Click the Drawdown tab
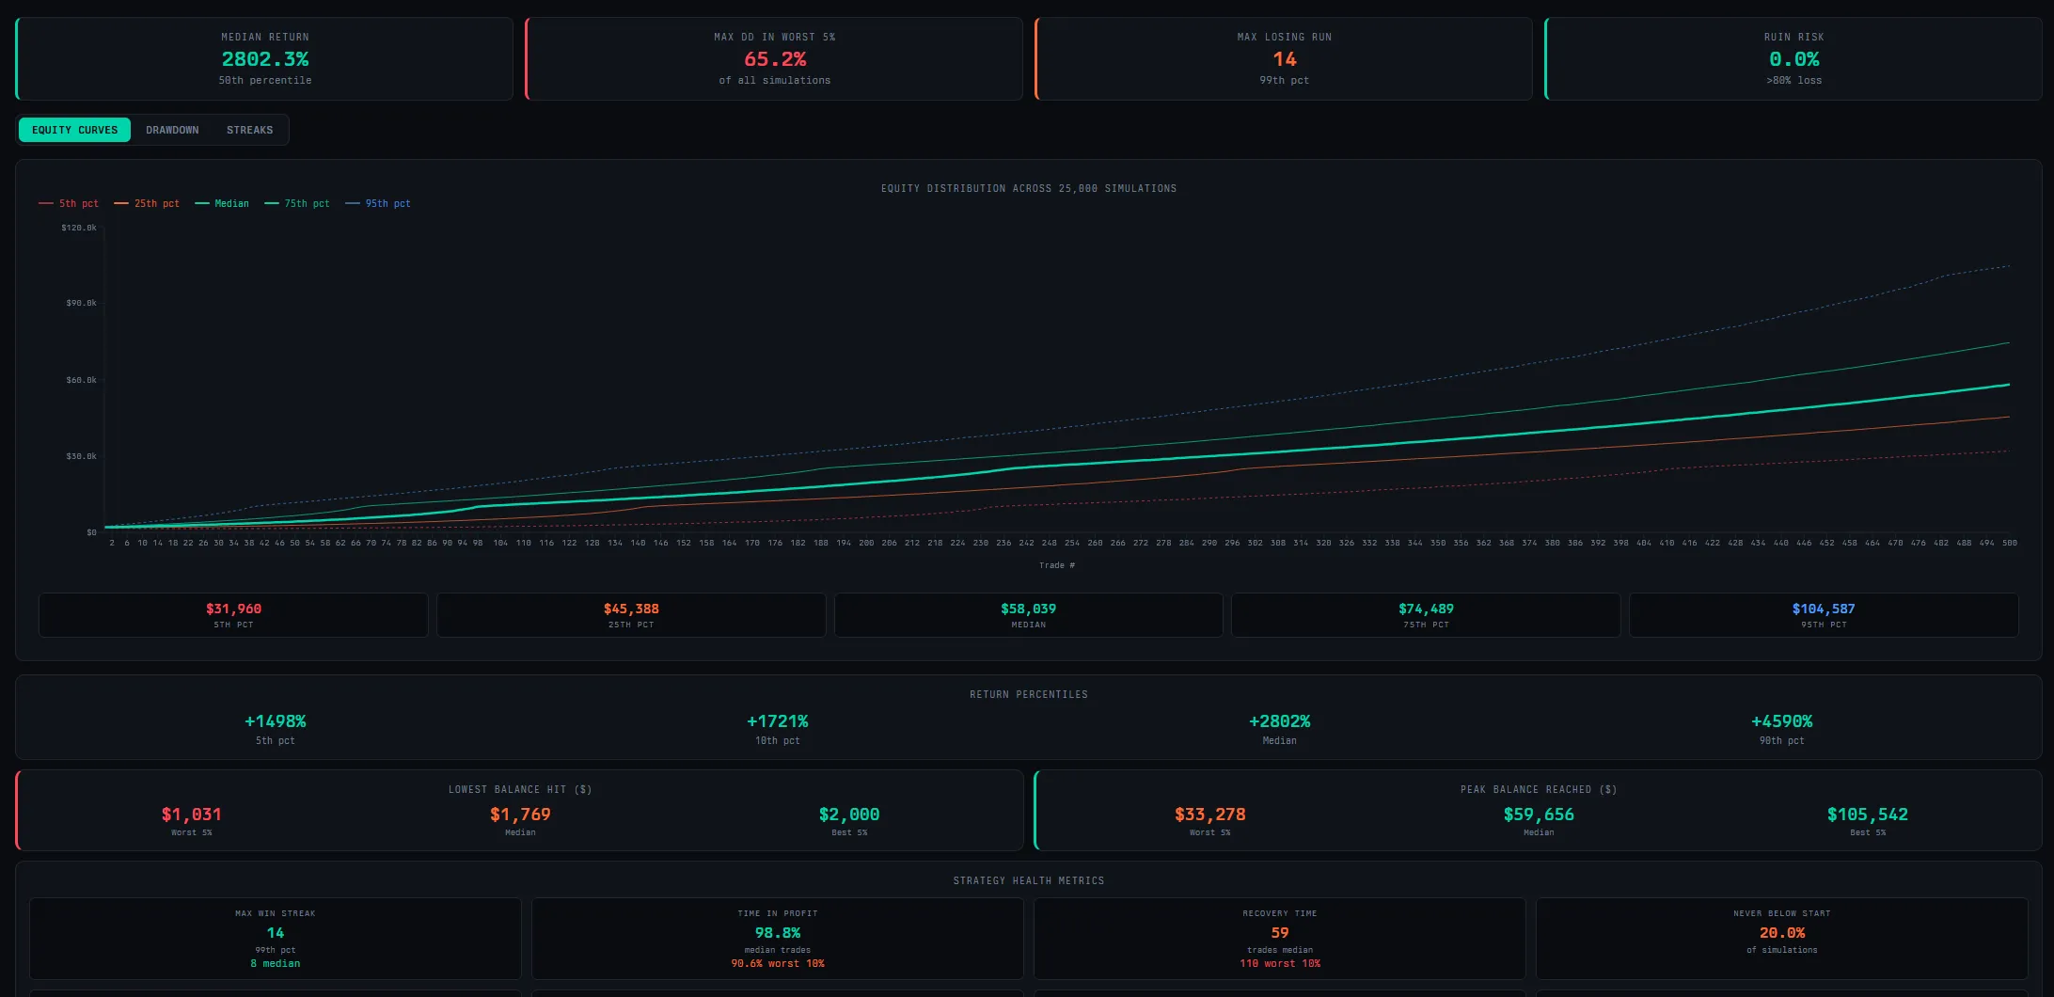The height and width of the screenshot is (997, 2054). point(172,130)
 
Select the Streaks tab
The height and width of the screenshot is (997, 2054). point(249,130)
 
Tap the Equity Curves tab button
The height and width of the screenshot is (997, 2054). point(75,130)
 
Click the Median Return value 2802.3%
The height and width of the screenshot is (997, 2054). point(265,59)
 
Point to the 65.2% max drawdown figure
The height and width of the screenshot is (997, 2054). point(775,59)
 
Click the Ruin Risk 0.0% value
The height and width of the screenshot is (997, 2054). point(1793,59)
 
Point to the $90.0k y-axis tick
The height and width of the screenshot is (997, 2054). point(81,303)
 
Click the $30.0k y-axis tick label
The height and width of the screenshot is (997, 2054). point(81,456)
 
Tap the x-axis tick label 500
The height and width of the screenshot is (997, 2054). point(2009,543)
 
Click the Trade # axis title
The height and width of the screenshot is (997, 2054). point(1056,565)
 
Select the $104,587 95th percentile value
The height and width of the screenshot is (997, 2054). point(1823,609)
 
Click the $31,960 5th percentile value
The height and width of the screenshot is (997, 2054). point(233,609)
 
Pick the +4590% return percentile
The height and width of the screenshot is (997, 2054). point(1781,721)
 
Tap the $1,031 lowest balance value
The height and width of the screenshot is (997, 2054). point(191,815)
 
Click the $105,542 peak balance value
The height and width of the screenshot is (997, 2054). point(1867,815)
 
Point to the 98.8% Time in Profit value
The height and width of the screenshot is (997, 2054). point(777,933)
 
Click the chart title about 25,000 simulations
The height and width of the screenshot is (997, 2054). point(1028,188)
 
